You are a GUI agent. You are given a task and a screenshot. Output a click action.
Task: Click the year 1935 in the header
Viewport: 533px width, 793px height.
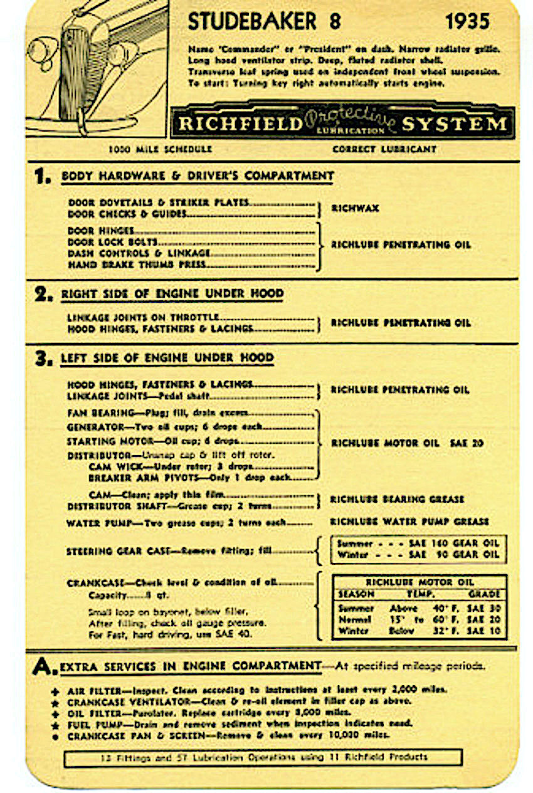(x=467, y=21)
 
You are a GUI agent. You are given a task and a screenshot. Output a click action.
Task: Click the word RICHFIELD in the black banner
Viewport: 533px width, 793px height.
(x=240, y=123)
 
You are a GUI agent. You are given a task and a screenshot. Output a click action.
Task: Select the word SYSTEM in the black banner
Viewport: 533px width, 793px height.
(x=454, y=123)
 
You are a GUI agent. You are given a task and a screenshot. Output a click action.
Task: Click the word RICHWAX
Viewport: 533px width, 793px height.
(x=355, y=208)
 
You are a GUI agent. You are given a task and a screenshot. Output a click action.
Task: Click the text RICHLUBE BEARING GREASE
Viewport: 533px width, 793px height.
(x=398, y=499)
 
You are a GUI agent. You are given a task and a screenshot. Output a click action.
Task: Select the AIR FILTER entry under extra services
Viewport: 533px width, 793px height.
(x=88, y=690)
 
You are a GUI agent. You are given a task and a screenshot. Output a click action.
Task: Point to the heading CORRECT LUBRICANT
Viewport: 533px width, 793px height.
(x=384, y=149)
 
